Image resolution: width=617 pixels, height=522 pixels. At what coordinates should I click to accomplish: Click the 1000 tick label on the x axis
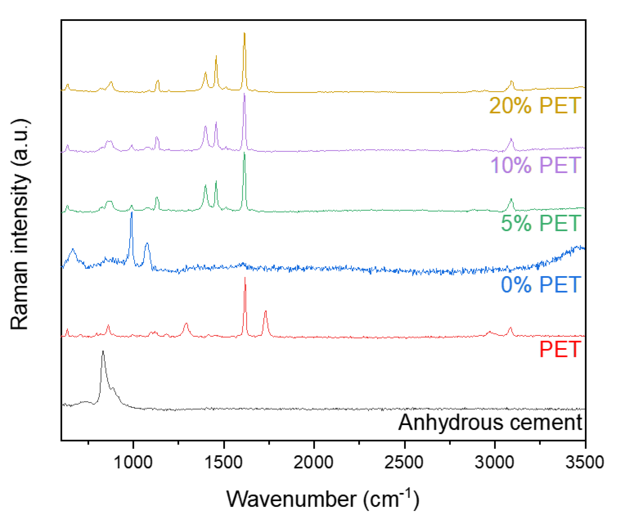(x=133, y=462)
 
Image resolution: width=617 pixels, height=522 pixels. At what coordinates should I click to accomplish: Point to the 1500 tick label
(x=224, y=462)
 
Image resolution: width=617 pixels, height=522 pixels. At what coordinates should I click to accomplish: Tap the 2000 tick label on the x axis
(x=313, y=462)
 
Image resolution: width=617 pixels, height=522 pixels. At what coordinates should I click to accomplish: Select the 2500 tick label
(x=404, y=462)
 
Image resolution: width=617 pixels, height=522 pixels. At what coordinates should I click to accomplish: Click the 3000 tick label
(x=494, y=462)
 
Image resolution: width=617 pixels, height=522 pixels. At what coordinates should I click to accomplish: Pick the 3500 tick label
(x=585, y=462)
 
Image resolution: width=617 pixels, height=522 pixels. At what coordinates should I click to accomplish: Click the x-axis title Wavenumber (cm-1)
(x=323, y=499)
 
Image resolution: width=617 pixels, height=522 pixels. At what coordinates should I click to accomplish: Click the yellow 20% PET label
(x=535, y=105)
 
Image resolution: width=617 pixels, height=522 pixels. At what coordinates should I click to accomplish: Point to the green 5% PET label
(x=541, y=223)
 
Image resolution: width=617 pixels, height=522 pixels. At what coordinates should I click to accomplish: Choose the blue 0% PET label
(x=541, y=285)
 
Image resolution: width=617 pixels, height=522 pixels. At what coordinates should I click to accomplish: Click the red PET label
(x=560, y=349)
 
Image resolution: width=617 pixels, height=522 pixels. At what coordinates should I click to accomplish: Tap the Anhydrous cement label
(x=490, y=422)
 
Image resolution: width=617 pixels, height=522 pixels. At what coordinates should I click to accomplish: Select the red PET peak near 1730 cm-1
(x=266, y=311)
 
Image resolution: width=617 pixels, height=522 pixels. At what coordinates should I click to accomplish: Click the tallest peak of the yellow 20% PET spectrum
(x=244, y=33)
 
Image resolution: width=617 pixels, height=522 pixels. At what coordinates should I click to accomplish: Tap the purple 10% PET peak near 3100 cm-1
(x=511, y=139)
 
